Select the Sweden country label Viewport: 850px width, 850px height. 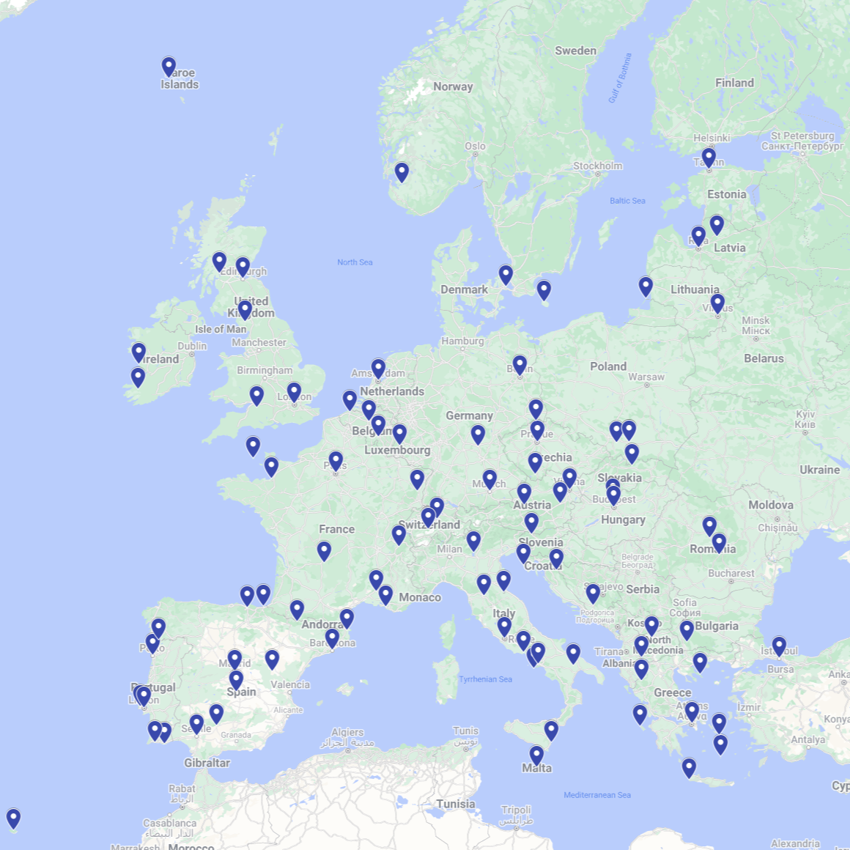tap(575, 51)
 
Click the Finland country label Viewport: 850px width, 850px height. tap(734, 83)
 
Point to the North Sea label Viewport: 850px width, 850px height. tap(355, 262)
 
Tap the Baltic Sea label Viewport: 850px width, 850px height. tap(627, 201)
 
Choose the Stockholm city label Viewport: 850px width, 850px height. tap(597, 166)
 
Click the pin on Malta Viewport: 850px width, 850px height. tap(536, 755)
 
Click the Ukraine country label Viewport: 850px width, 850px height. tap(819, 470)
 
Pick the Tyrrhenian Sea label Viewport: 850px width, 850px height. tap(485, 679)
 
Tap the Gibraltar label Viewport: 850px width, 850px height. tap(207, 763)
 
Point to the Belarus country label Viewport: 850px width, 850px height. tap(764, 358)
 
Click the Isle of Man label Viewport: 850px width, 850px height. tap(221, 329)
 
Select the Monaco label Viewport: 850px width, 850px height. tap(420, 597)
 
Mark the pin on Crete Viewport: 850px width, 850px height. tap(689, 768)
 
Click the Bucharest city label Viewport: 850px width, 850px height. tap(731, 573)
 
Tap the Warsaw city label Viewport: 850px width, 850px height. tap(646, 377)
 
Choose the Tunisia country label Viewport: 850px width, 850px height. tap(455, 804)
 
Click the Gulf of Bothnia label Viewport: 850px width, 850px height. tap(619, 78)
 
